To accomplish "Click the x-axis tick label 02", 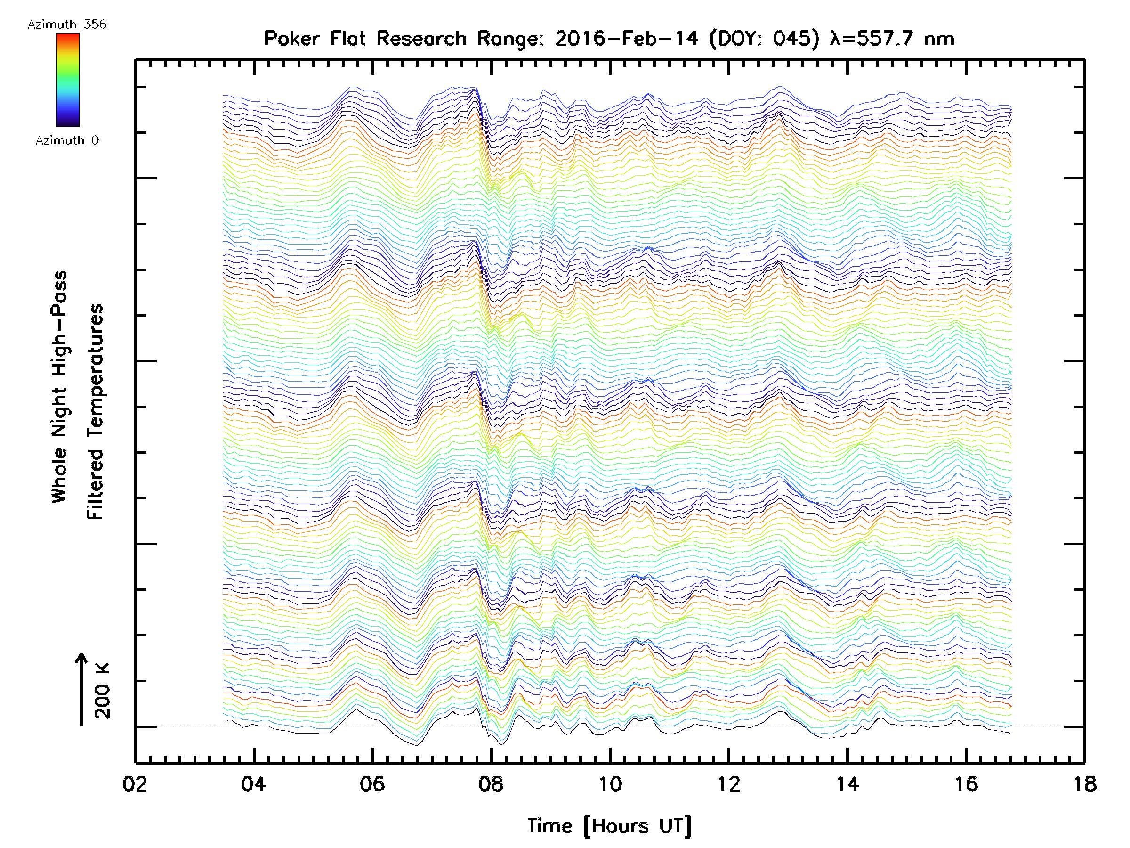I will pyautogui.click(x=135, y=783).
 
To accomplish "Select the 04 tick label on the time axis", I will pyautogui.click(x=253, y=783).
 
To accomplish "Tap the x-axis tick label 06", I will pyautogui.click(x=372, y=783).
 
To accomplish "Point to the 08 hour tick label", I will pyautogui.click(x=491, y=783).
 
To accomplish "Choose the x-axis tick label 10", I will pyautogui.click(x=609, y=783).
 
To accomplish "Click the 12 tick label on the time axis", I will pyautogui.click(x=728, y=783).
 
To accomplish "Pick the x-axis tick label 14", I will pyautogui.click(x=847, y=783).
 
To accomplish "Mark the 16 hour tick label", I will pyautogui.click(x=966, y=783).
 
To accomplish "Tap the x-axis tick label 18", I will pyautogui.click(x=1084, y=783).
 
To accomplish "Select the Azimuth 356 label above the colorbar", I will pyautogui.click(x=67, y=24).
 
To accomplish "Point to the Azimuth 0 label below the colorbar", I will pyautogui.click(x=67, y=140).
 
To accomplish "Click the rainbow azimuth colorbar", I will pyautogui.click(x=68, y=80).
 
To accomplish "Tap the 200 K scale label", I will pyautogui.click(x=103, y=691).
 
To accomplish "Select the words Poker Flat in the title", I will pyautogui.click(x=314, y=38).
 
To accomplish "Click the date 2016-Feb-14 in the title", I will pyautogui.click(x=626, y=38).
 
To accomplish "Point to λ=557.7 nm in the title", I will pyautogui.click(x=892, y=38).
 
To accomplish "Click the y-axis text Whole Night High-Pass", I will pyautogui.click(x=59, y=387).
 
